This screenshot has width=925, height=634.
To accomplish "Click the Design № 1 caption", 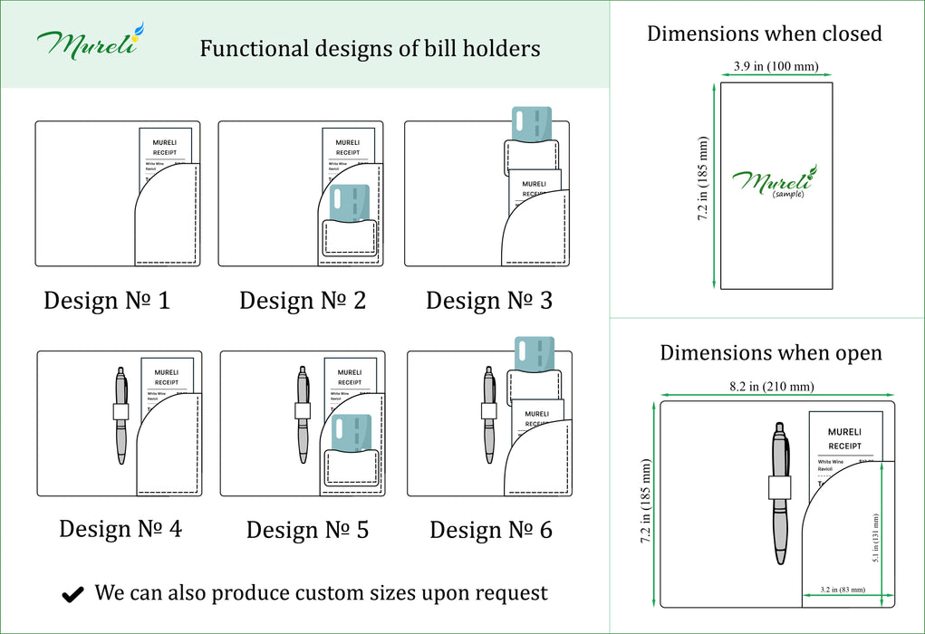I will pyautogui.click(x=107, y=300).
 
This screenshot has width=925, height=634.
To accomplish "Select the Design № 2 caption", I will pyautogui.click(x=303, y=300).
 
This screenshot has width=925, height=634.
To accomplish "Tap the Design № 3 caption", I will pyautogui.click(x=489, y=300).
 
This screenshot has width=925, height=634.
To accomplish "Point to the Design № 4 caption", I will pyautogui.click(x=120, y=528).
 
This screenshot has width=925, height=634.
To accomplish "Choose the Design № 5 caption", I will pyautogui.click(x=307, y=529).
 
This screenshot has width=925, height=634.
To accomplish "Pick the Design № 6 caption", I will pyautogui.click(x=491, y=529).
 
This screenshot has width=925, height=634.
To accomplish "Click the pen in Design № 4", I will pyautogui.click(x=121, y=415).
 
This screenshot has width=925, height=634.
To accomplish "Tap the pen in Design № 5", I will pyautogui.click(x=304, y=415).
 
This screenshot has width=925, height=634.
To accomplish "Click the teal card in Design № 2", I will pyautogui.click(x=352, y=203).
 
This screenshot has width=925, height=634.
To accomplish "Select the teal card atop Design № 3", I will pyautogui.click(x=533, y=124).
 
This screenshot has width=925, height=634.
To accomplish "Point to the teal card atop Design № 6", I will pyautogui.click(x=534, y=353).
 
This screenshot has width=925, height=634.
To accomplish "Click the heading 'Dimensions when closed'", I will pyautogui.click(x=764, y=34).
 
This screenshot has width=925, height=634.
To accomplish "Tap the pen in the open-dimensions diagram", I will pyautogui.click(x=779, y=489).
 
